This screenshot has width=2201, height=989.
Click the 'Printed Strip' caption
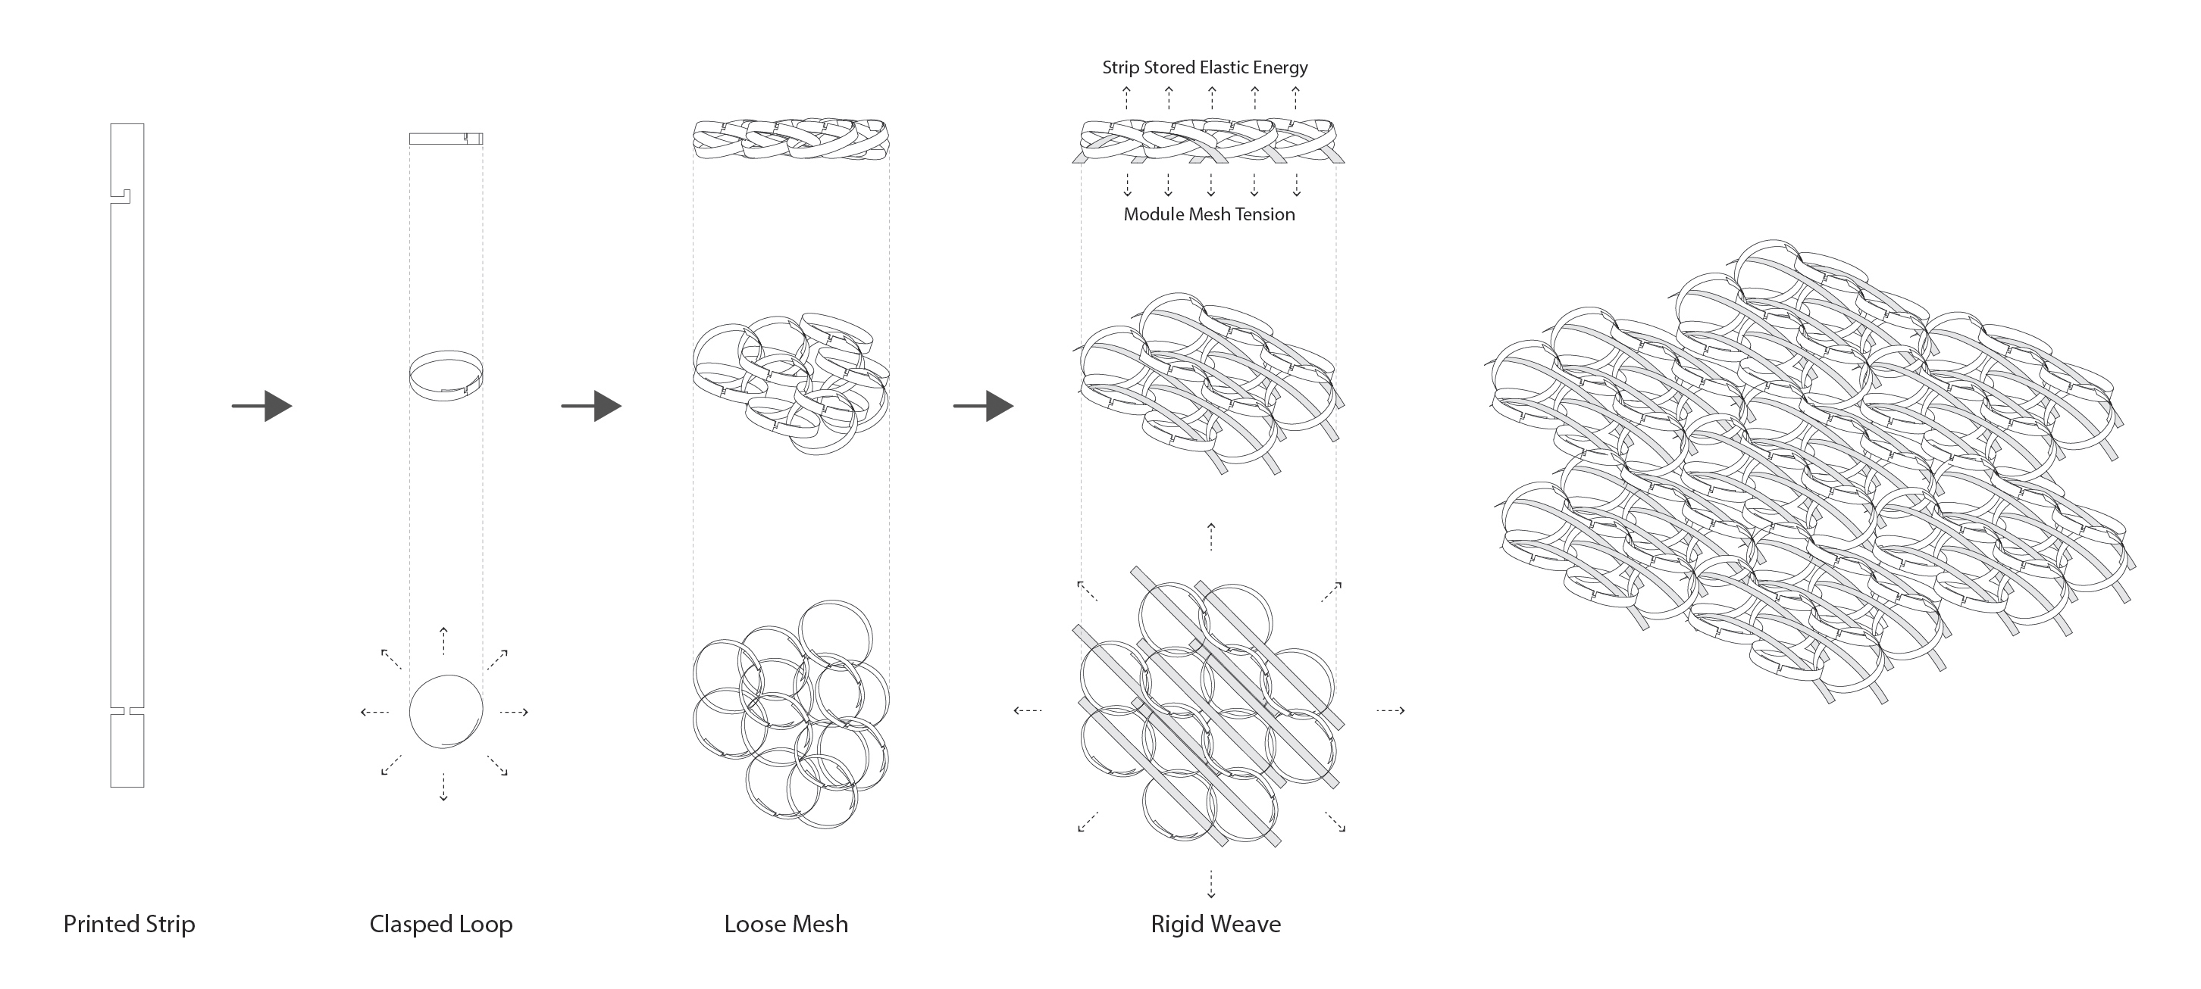[x=129, y=924]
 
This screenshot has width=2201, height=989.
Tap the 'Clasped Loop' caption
[x=441, y=924]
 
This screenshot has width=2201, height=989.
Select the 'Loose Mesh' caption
[x=786, y=924]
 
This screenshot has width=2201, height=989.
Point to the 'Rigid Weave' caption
[x=1215, y=924]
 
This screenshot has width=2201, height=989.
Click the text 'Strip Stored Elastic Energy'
[x=1205, y=67]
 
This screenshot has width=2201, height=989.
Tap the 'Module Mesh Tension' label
[x=1209, y=214]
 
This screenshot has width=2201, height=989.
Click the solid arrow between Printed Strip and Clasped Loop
[x=262, y=406]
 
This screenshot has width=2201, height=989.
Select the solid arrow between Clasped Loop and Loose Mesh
[x=591, y=406]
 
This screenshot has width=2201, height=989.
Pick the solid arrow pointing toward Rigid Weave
[x=984, y=406]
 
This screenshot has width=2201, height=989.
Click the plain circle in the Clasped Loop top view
[x=446, y=711]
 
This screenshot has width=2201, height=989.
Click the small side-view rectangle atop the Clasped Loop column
[x=446, y=139]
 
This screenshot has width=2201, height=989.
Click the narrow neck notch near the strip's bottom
[x=127, y=710]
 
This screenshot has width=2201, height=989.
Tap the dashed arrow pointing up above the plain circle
[x=443, y=640]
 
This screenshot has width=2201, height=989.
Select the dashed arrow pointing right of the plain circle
[x=514, y=711]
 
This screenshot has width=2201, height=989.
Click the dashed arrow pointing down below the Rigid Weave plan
[x=1210, y=883]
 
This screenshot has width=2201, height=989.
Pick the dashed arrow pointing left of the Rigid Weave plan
[x=1027, y=710]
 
